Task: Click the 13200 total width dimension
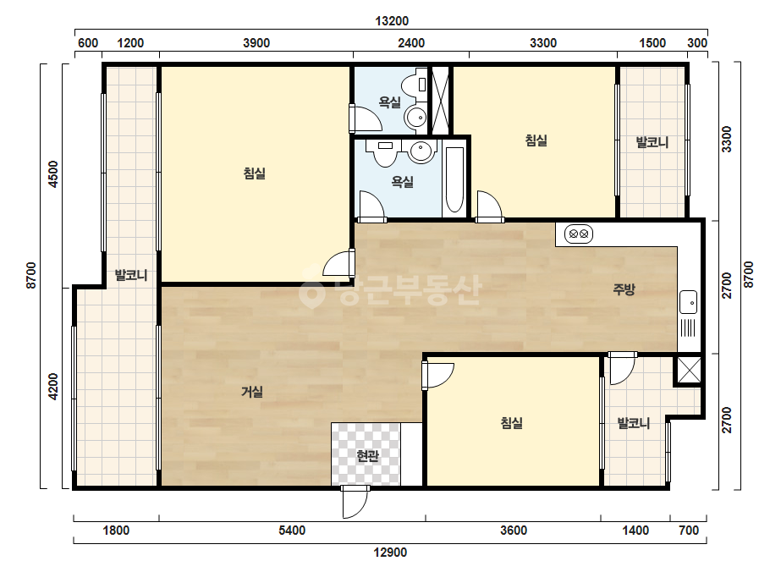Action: pos(392,21)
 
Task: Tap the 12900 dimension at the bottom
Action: pos(390,552)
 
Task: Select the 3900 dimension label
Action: pos(256,43)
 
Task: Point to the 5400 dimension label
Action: pos(292,531)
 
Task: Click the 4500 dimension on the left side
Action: pos(52,174)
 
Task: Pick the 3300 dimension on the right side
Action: pos(727,139)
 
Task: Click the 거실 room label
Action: pos(252,392)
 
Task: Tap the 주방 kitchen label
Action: pos(624,289)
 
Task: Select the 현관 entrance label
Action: pos(367,455)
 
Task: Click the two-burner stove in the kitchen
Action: pos(578,234)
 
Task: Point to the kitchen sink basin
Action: pos(689,302)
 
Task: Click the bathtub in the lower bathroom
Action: pos(454,180)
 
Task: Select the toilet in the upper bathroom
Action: pos(415,85)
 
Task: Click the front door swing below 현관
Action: pos(355,503)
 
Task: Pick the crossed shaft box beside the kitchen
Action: pos(689,371)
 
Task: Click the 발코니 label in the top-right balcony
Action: pos(652,142)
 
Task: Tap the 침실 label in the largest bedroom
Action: pos(254,173)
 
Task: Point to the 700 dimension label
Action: pos(689,531)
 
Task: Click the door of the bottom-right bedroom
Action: pos(437,375)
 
